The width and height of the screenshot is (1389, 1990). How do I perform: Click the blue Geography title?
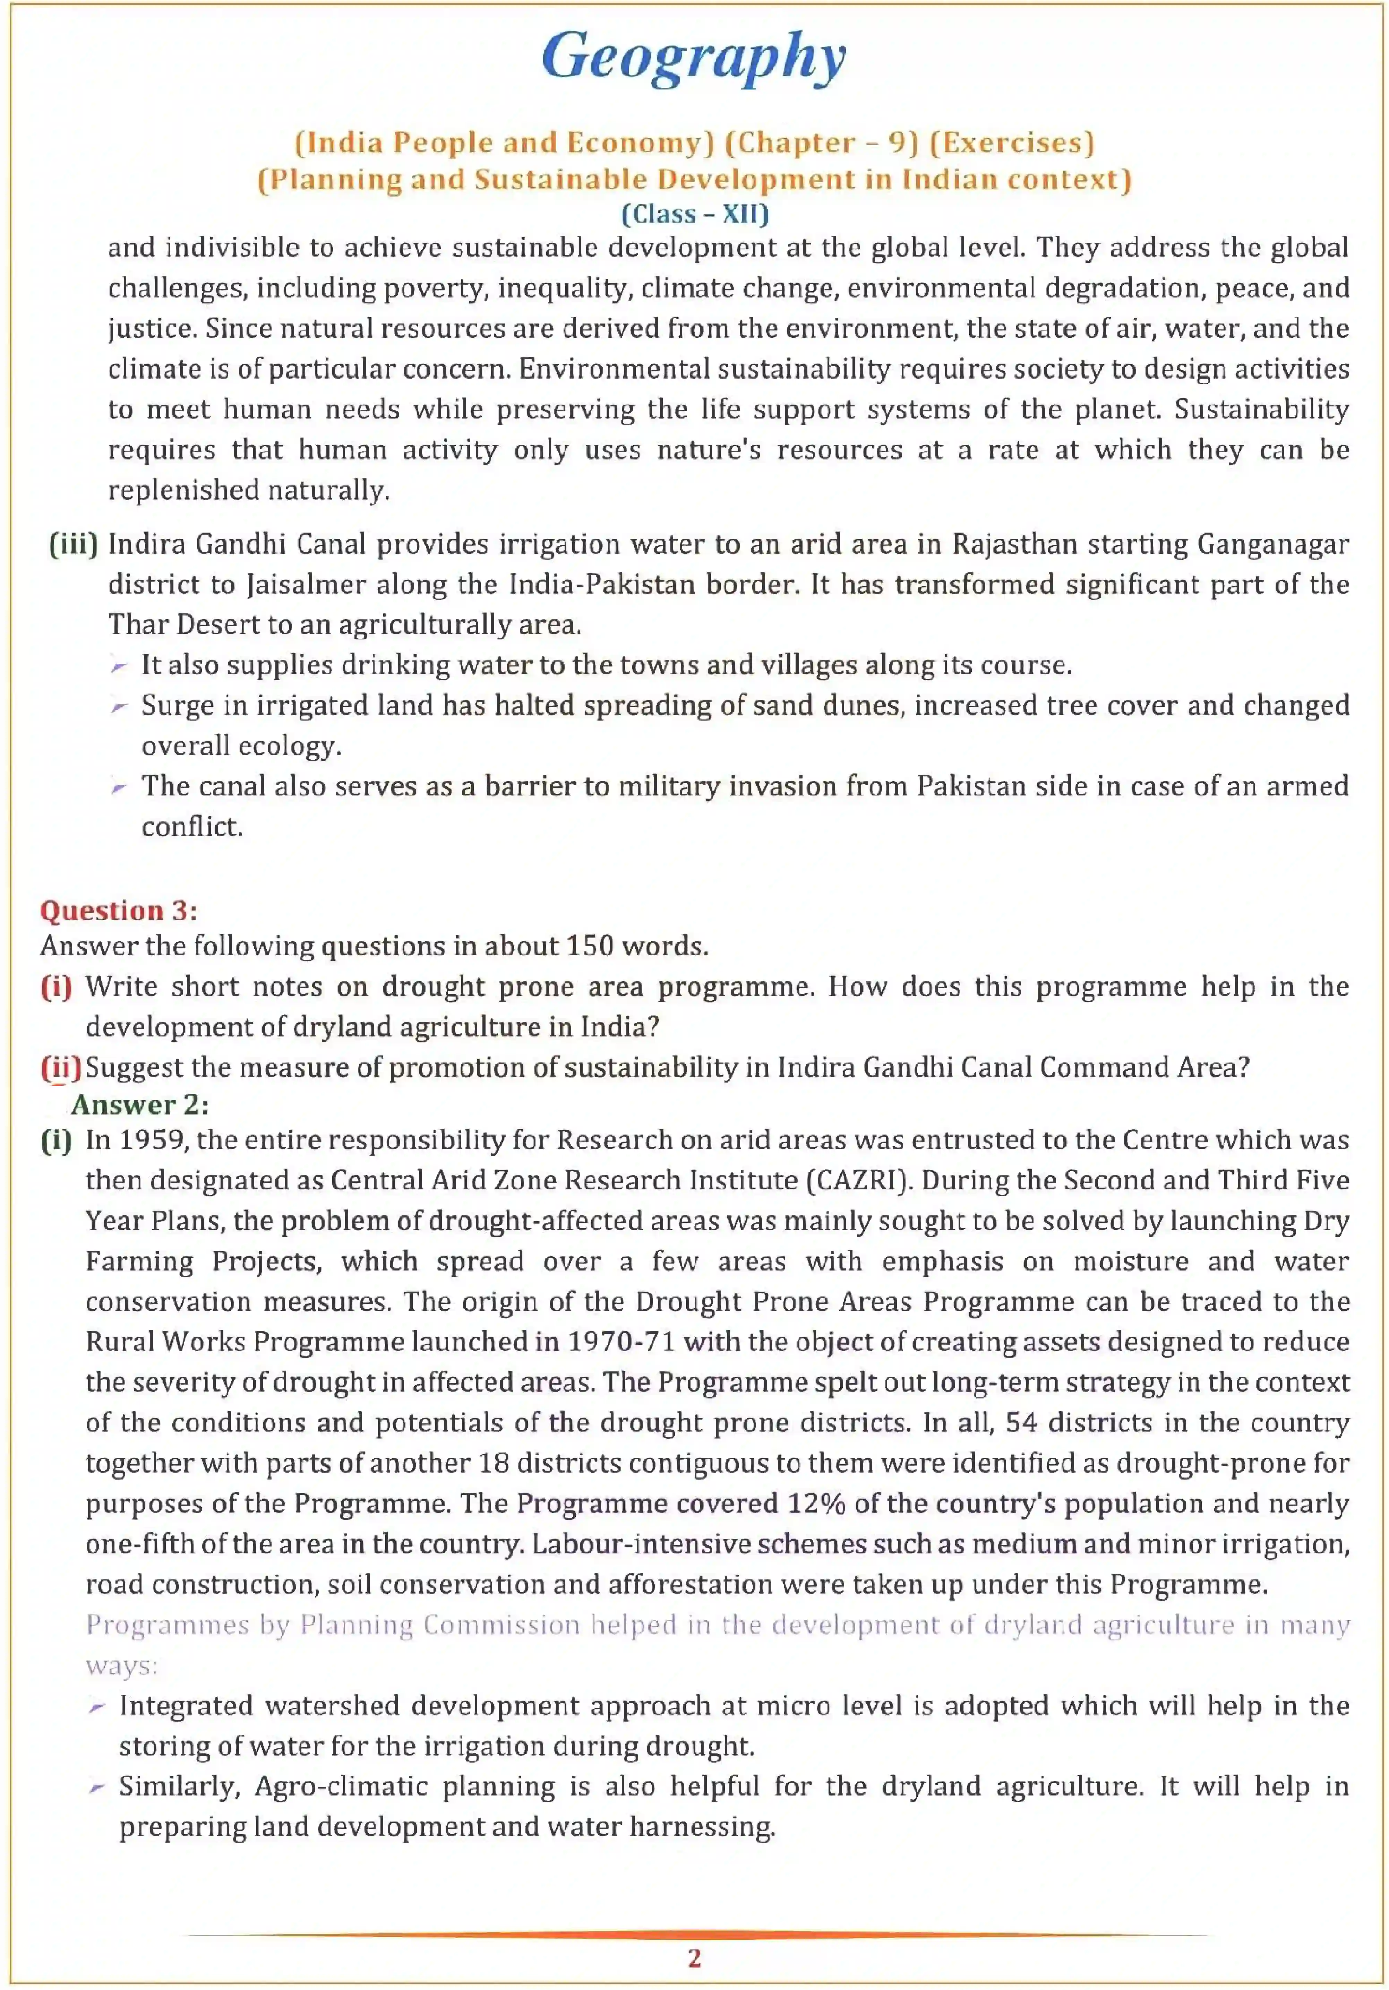(694, 57)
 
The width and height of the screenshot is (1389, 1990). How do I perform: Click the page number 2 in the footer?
(694, 1958)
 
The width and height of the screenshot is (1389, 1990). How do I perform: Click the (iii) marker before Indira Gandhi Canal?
(74, 544)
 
